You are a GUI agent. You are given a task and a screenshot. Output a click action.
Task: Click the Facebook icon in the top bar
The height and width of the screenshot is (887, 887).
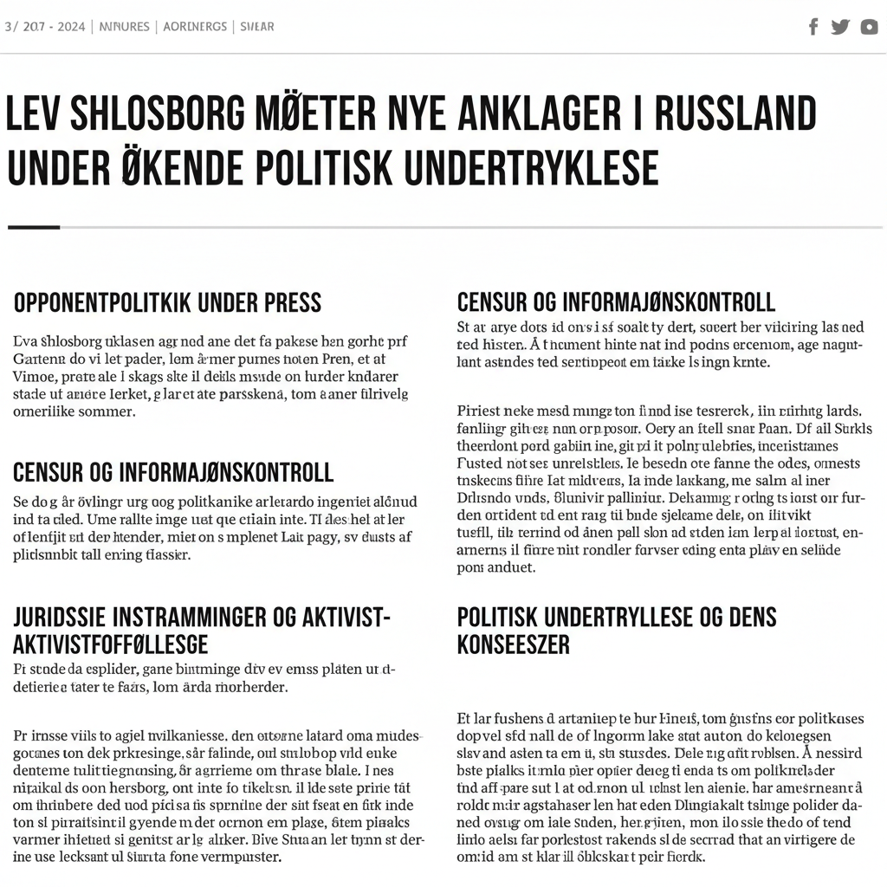(x=813, y=27)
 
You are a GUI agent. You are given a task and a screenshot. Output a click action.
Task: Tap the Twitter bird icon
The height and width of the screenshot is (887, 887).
(x=840, y=27)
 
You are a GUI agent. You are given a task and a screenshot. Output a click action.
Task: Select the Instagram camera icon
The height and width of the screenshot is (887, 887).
(x=869, y=27)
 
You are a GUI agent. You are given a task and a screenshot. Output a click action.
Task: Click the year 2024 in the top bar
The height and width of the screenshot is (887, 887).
(x=71, y=27)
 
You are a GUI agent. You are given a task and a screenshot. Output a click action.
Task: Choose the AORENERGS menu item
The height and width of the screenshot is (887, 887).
(x=197, y=27)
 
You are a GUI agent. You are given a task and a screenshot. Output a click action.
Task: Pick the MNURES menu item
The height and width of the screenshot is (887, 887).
(x=125, y=27)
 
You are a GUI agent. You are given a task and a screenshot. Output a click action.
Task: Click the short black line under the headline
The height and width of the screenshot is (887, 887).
(x=34, y=228)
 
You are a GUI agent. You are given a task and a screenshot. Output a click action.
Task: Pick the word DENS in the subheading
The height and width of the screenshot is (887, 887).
(x=751, y=617)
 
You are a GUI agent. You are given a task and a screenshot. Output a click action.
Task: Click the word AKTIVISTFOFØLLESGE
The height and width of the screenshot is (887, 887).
(x=110, y=644)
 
